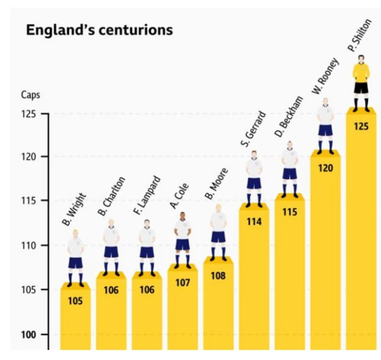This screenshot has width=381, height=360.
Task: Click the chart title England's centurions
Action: click(x=99, y=30)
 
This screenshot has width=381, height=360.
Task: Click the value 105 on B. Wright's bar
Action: click(x=75, y=301)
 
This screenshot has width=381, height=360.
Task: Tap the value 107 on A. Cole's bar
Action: click(x=182, y=283)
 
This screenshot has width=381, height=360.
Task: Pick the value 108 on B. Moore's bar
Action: click(x=218, y=275)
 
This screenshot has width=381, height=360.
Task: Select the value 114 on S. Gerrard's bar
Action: click(x=254, y=222)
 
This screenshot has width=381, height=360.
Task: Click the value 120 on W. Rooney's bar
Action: click(x=326, y=168)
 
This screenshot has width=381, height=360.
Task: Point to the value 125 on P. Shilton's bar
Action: click(x=361, y=126)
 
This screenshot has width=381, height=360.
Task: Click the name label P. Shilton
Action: click(x=360, y=36)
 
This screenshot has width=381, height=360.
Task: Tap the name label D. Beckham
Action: click(x=289, y=117)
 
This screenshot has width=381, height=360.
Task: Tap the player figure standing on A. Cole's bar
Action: click(x=183, y=242)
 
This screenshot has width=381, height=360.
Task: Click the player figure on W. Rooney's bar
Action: click(x=325, y=126)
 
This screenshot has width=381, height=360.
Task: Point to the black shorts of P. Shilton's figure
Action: click(x=361, y=88)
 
